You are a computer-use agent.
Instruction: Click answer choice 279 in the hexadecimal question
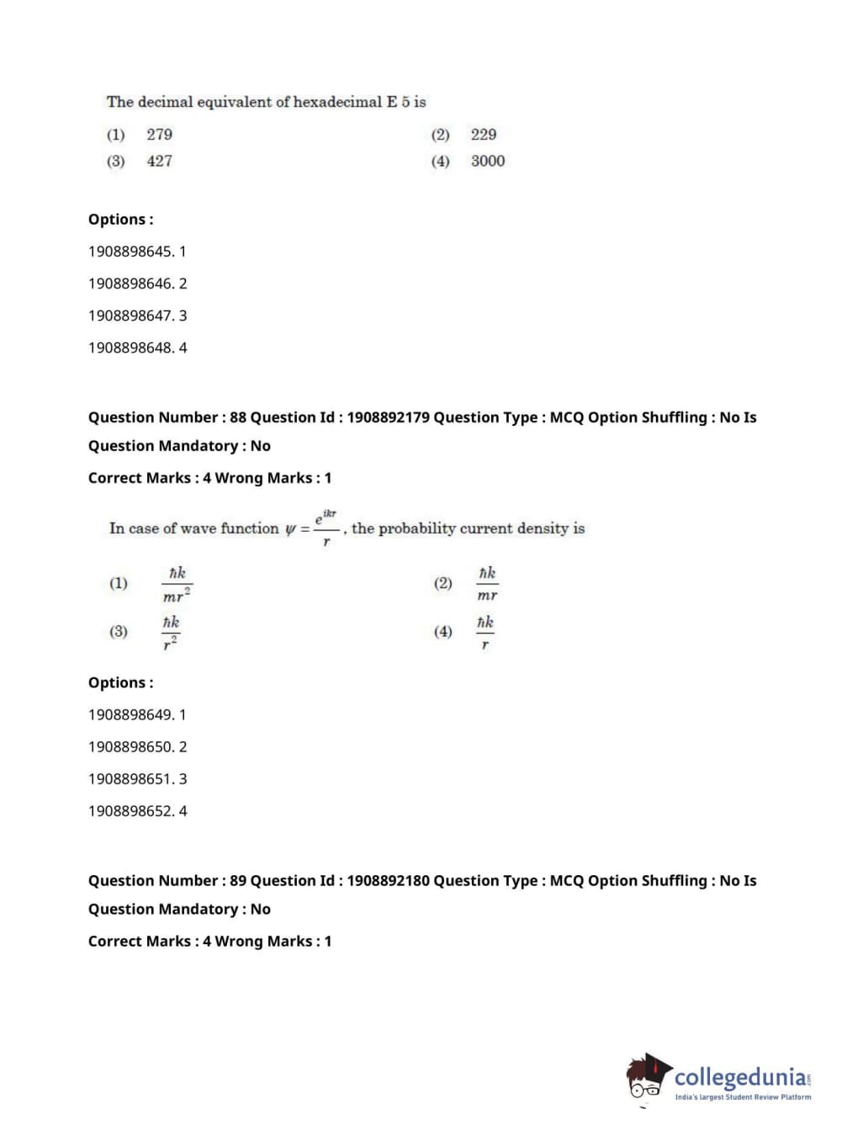[x=159, y=135]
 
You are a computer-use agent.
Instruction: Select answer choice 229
[x=484, y=135]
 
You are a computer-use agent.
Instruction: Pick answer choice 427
[x=159, y=161]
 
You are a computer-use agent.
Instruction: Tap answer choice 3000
[x=488, y=161]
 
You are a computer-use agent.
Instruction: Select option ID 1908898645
[x=131, y=252]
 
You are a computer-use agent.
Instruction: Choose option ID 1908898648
[x=131, y=348]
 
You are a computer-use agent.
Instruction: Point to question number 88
[x=238, y=417]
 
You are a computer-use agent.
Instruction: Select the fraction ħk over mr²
[x=177, y=583]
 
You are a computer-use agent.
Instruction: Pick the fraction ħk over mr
[x=487, y=583]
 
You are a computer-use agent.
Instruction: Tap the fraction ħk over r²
[x=171, y=632]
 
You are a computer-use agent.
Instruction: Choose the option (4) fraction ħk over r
[x=485, y=632]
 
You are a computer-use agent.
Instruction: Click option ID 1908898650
[x=131, y=747]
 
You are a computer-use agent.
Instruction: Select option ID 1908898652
[x=131, y=811]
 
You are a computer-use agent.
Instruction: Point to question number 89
[x=238, y=881]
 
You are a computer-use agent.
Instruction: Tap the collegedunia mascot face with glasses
[x=646, y=1080]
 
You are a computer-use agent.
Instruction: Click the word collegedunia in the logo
[x=740, y=1077]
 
